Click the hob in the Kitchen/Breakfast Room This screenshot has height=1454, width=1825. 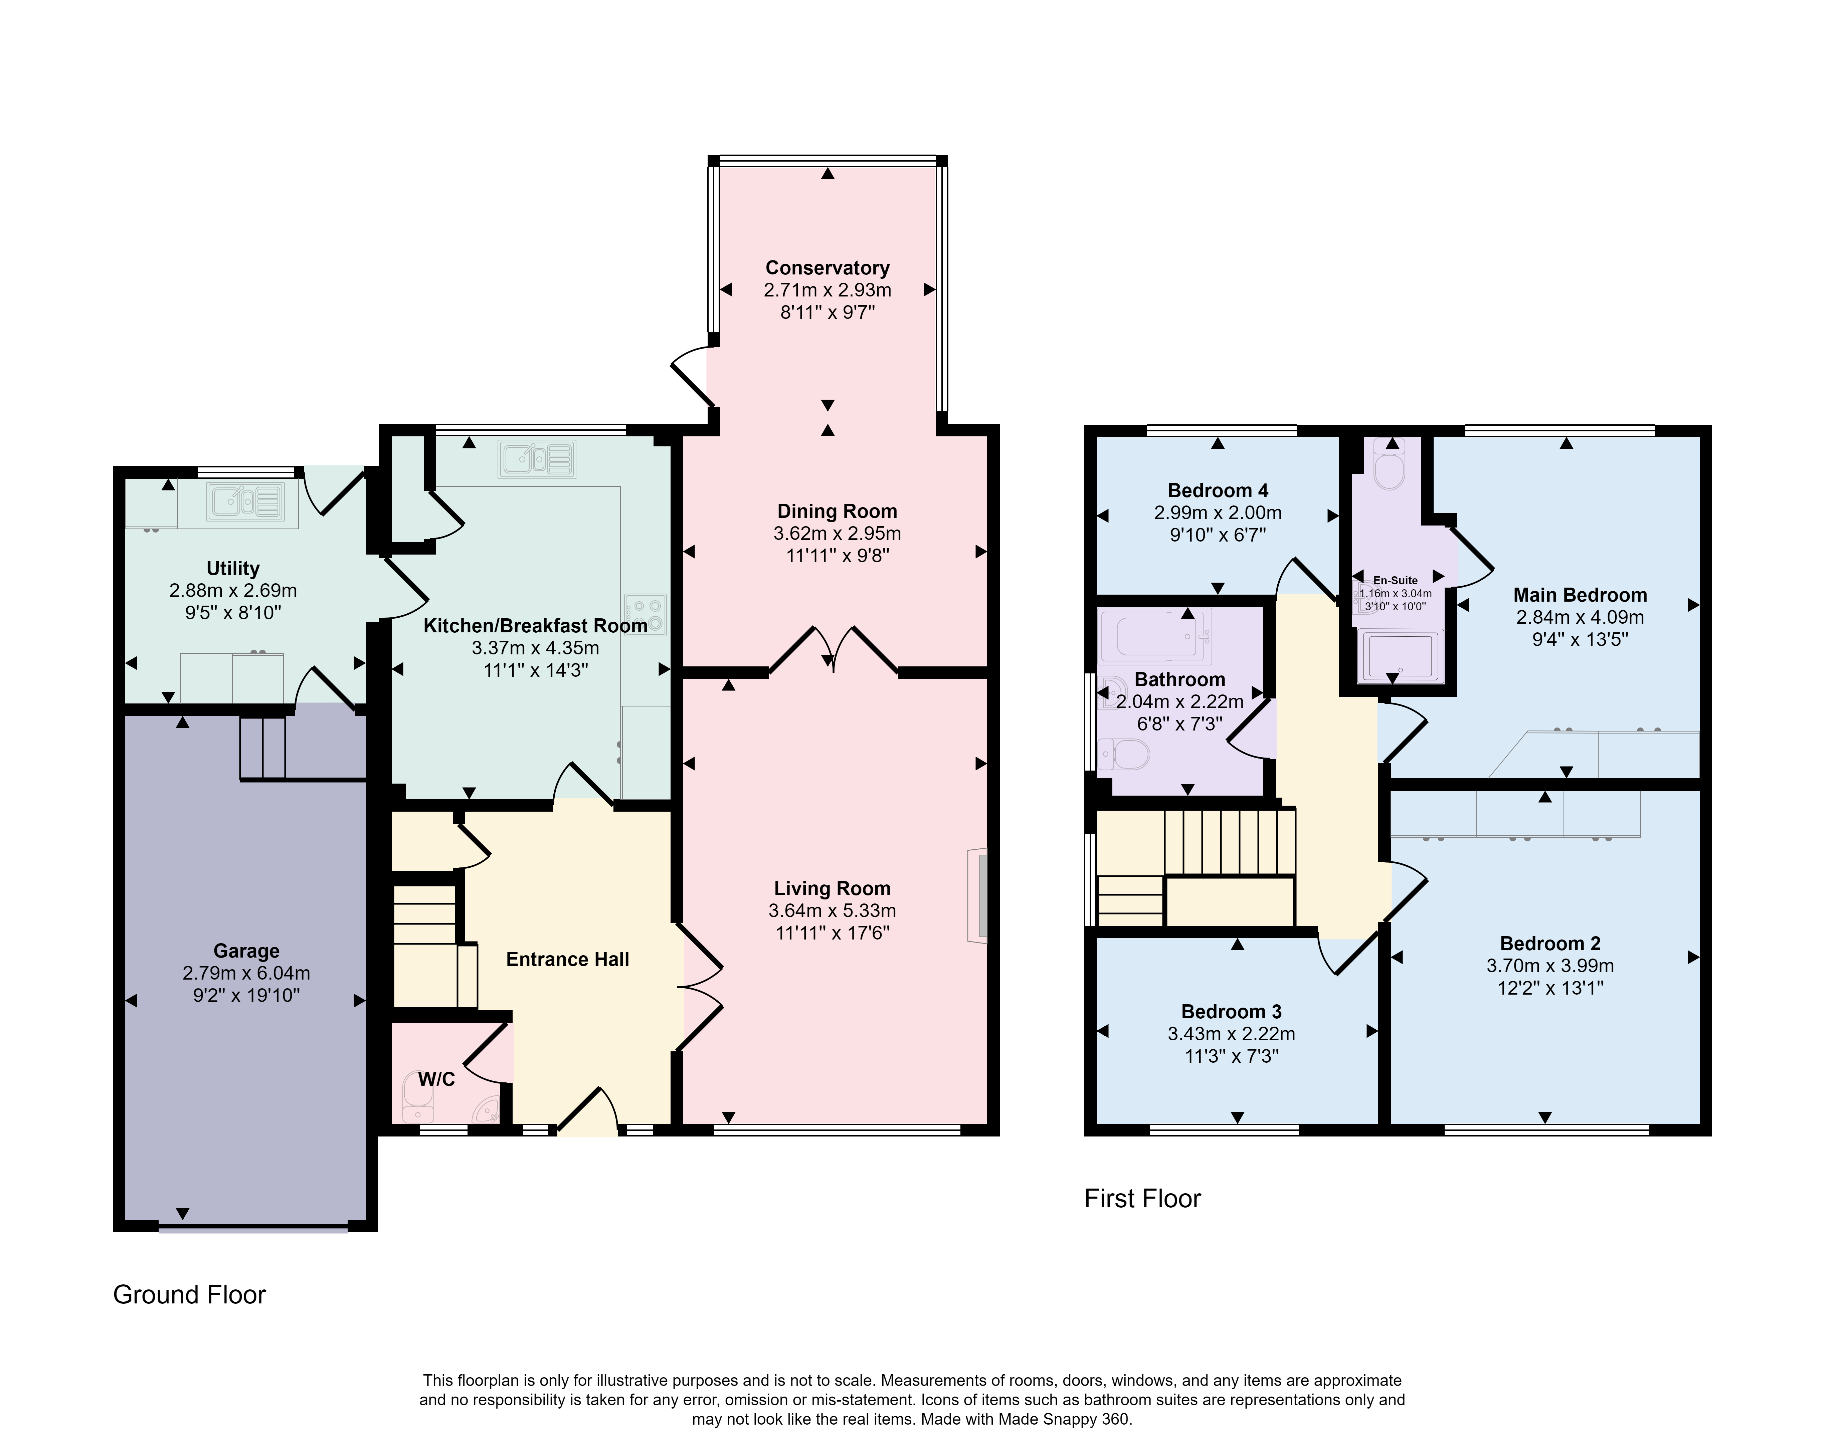coord(646,615)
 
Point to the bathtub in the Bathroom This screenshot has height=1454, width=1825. coord(1154,636)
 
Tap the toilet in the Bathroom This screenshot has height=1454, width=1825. coord(1123,753)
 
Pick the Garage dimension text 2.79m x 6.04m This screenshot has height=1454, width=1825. coord(246,973)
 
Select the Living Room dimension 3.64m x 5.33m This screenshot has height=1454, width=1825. coord(832,911)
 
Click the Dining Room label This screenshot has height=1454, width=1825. coord(837,511)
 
